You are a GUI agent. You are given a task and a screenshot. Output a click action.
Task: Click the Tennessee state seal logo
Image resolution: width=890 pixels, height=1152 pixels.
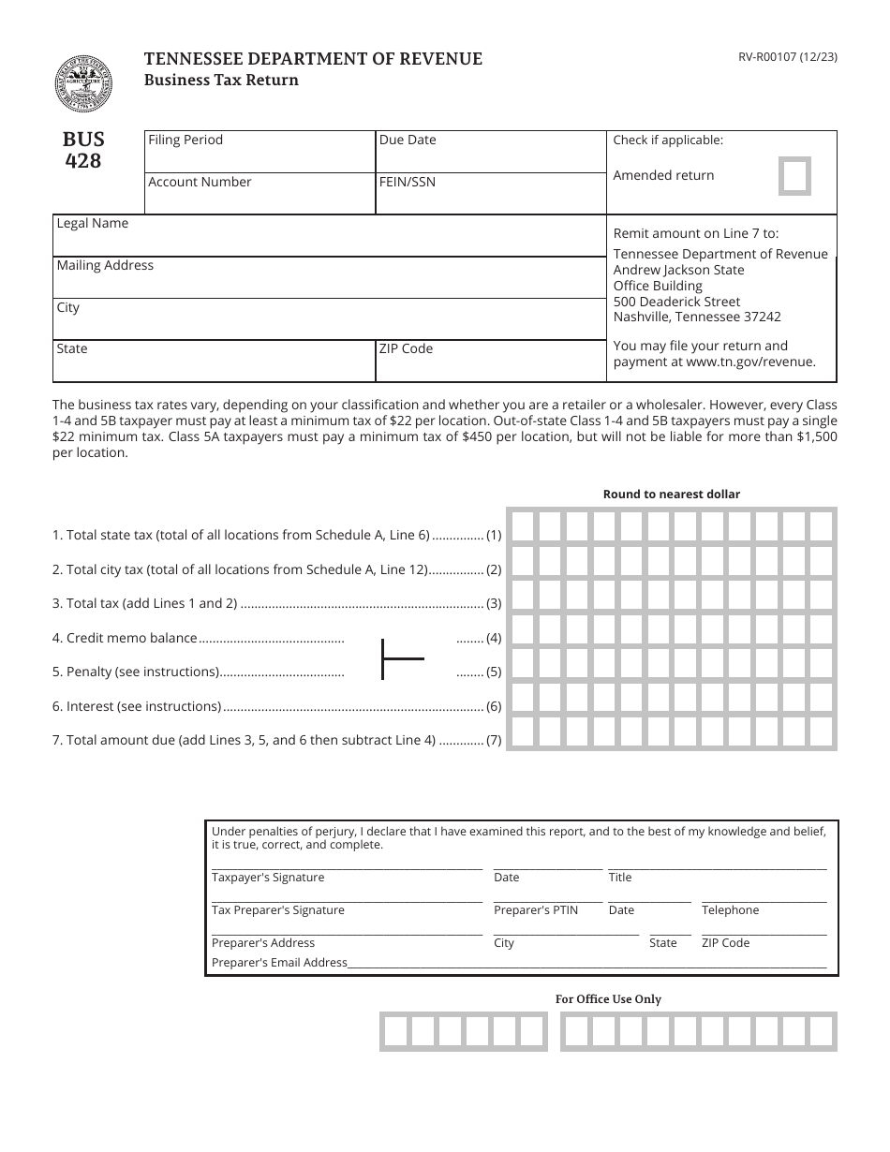pos(82,83)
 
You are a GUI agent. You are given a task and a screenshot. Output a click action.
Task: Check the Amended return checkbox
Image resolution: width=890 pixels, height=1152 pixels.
pos(795,176)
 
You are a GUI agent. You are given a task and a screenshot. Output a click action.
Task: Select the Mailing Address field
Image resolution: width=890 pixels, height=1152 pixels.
pos(328,278)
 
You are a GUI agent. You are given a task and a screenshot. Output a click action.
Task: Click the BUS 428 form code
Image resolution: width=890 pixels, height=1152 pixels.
pos(83,150)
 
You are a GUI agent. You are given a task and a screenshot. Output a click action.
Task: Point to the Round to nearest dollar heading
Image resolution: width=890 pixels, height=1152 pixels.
pos(671,495)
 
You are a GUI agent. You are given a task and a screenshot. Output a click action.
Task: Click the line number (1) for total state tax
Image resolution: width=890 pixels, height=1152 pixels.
pos(494,536)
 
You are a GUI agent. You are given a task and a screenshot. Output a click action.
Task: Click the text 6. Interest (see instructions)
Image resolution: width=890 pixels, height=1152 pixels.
pos(137,706)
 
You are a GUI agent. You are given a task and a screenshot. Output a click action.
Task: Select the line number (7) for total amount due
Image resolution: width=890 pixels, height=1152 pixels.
pos(494,740)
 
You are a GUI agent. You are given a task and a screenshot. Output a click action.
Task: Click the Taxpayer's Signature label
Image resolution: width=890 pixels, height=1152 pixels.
pos(268,878)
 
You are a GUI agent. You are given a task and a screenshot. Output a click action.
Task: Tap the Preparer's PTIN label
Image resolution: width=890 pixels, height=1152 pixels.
pos(536,910)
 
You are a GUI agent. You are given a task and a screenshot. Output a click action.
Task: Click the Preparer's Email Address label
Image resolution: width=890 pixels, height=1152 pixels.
pos(279,963)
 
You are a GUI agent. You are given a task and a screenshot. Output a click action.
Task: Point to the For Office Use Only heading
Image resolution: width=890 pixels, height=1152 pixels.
pos(608,999)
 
